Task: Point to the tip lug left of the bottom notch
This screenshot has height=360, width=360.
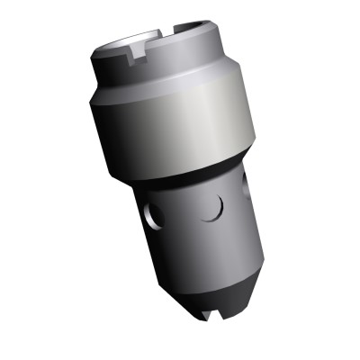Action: pyautogui.click(x=193, y=311)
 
